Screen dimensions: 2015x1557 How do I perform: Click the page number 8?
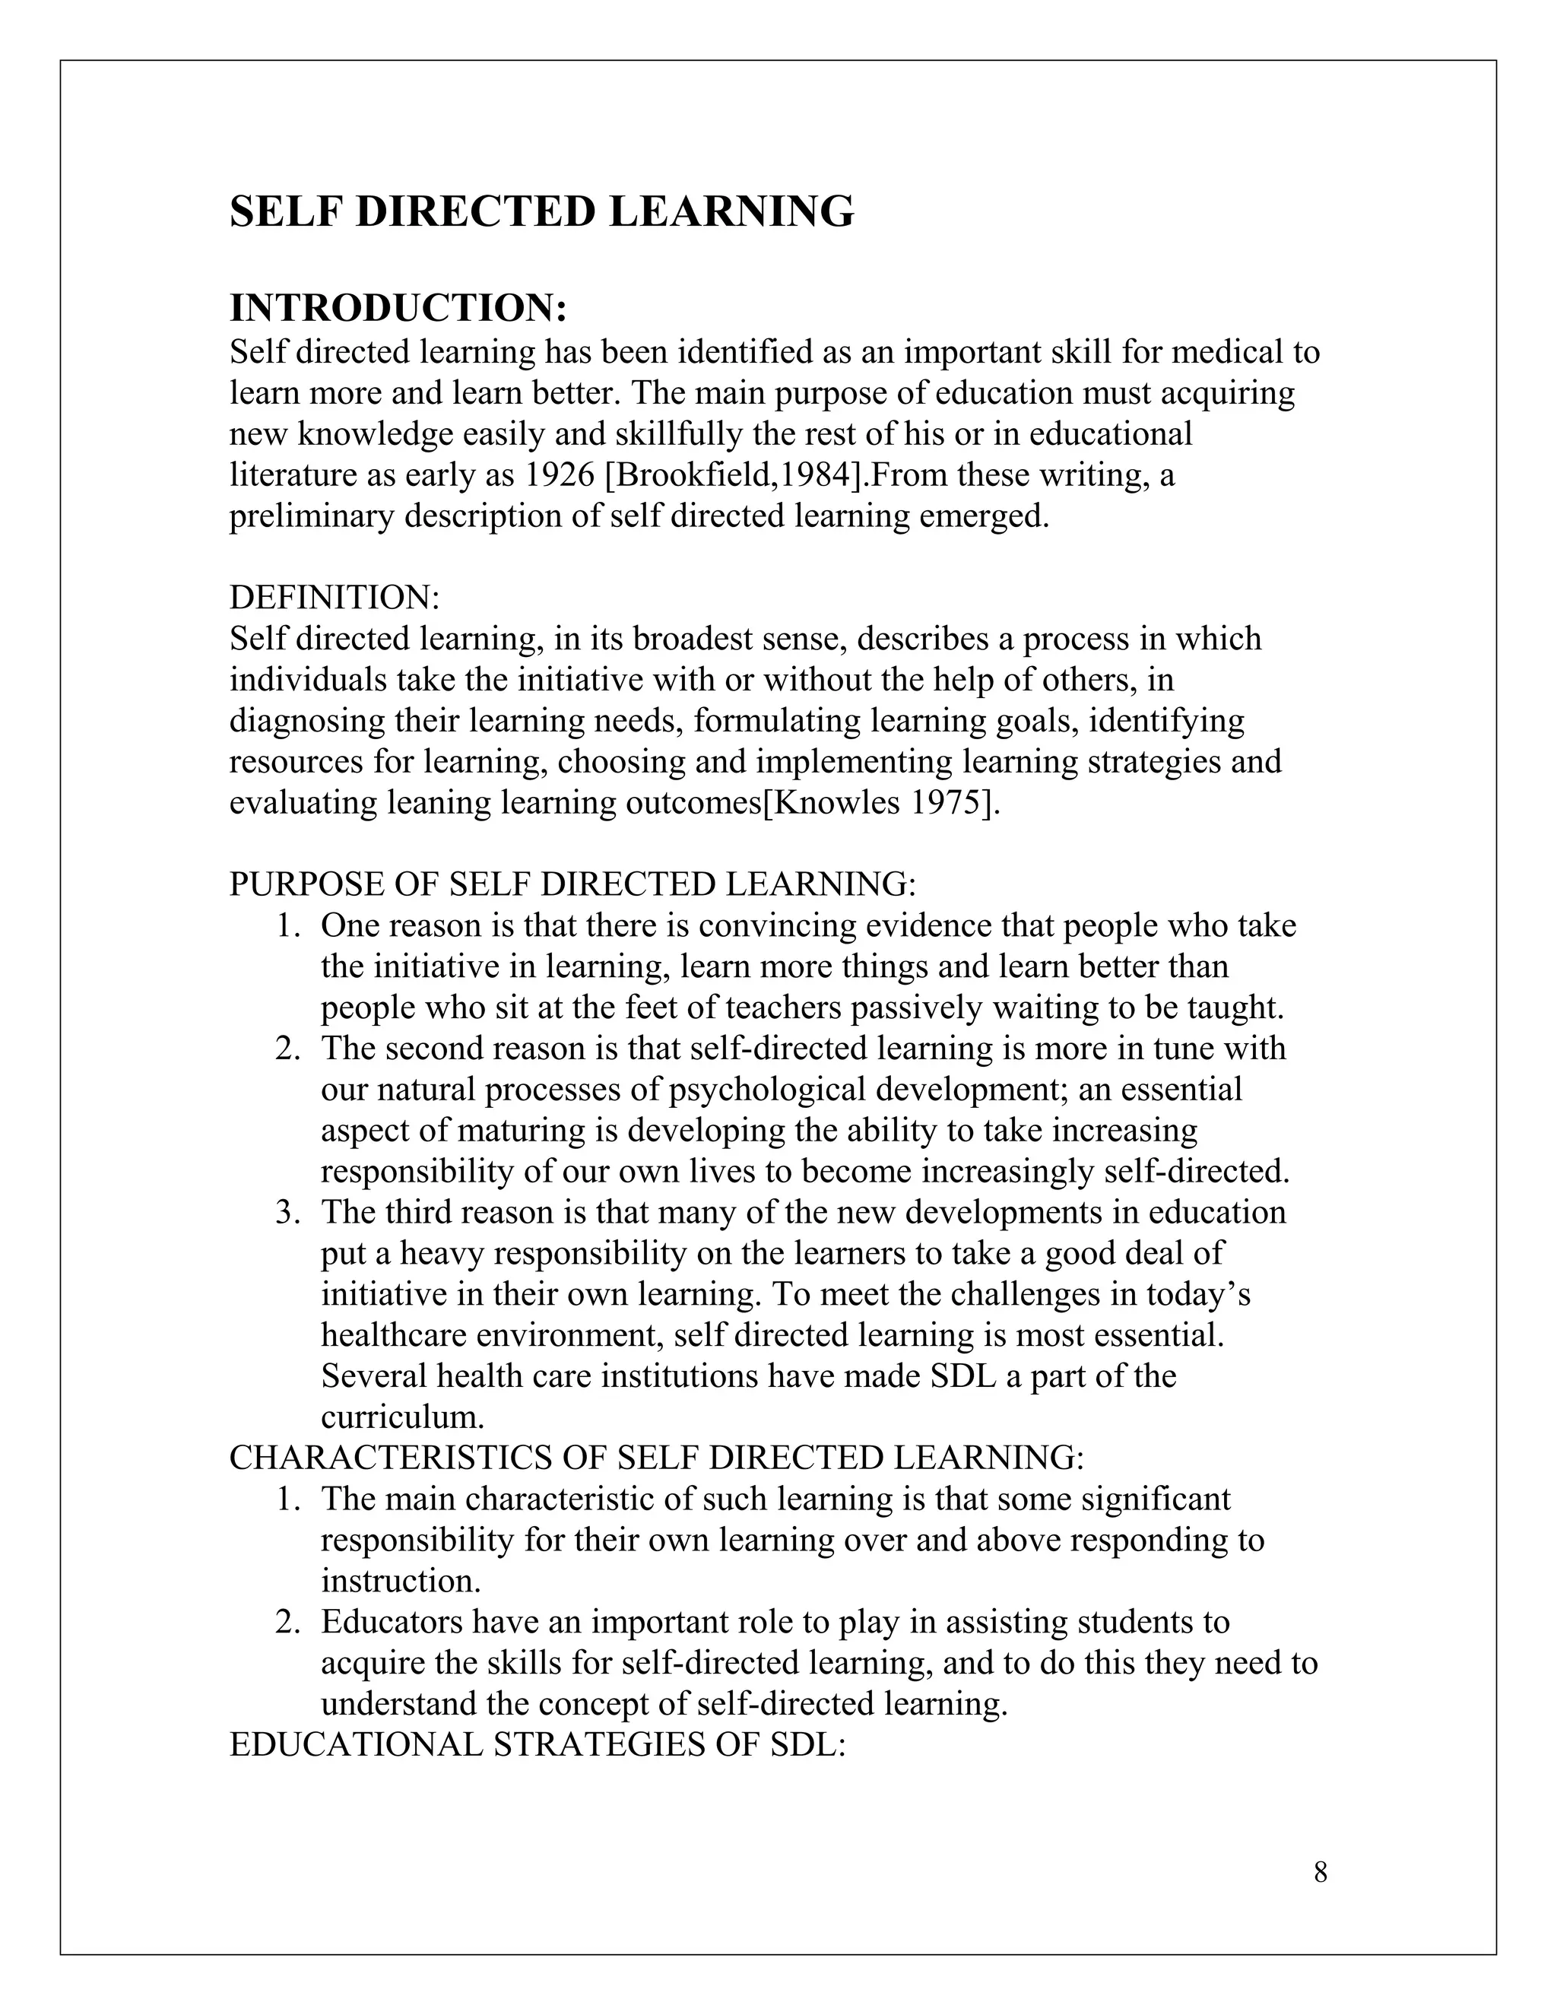[1320, 1872]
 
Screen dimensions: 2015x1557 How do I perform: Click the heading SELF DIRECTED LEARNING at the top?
[541, 211]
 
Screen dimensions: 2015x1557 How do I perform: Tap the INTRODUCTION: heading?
[398, 307]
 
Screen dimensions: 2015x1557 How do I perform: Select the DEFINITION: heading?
[335, 597]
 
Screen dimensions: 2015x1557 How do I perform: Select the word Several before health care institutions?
[373, 1376]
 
